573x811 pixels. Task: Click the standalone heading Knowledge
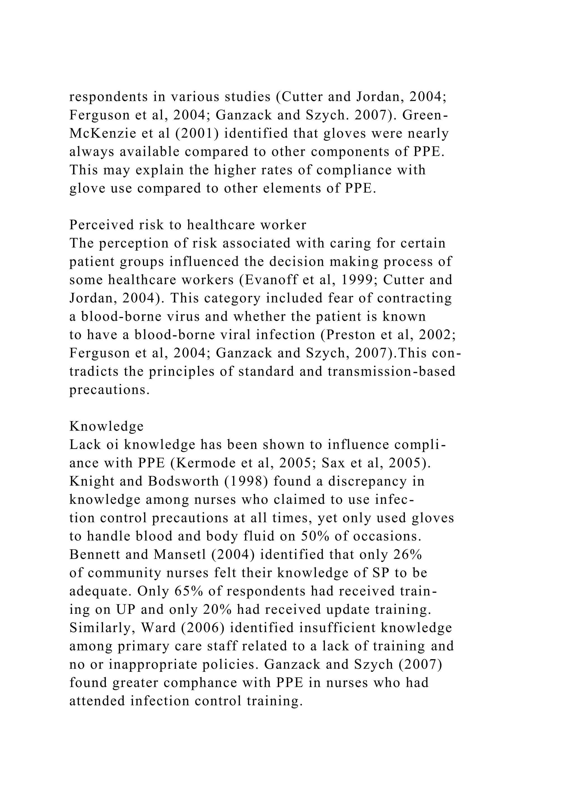tap(107, 426)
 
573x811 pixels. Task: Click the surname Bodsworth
tap(184, 481)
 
